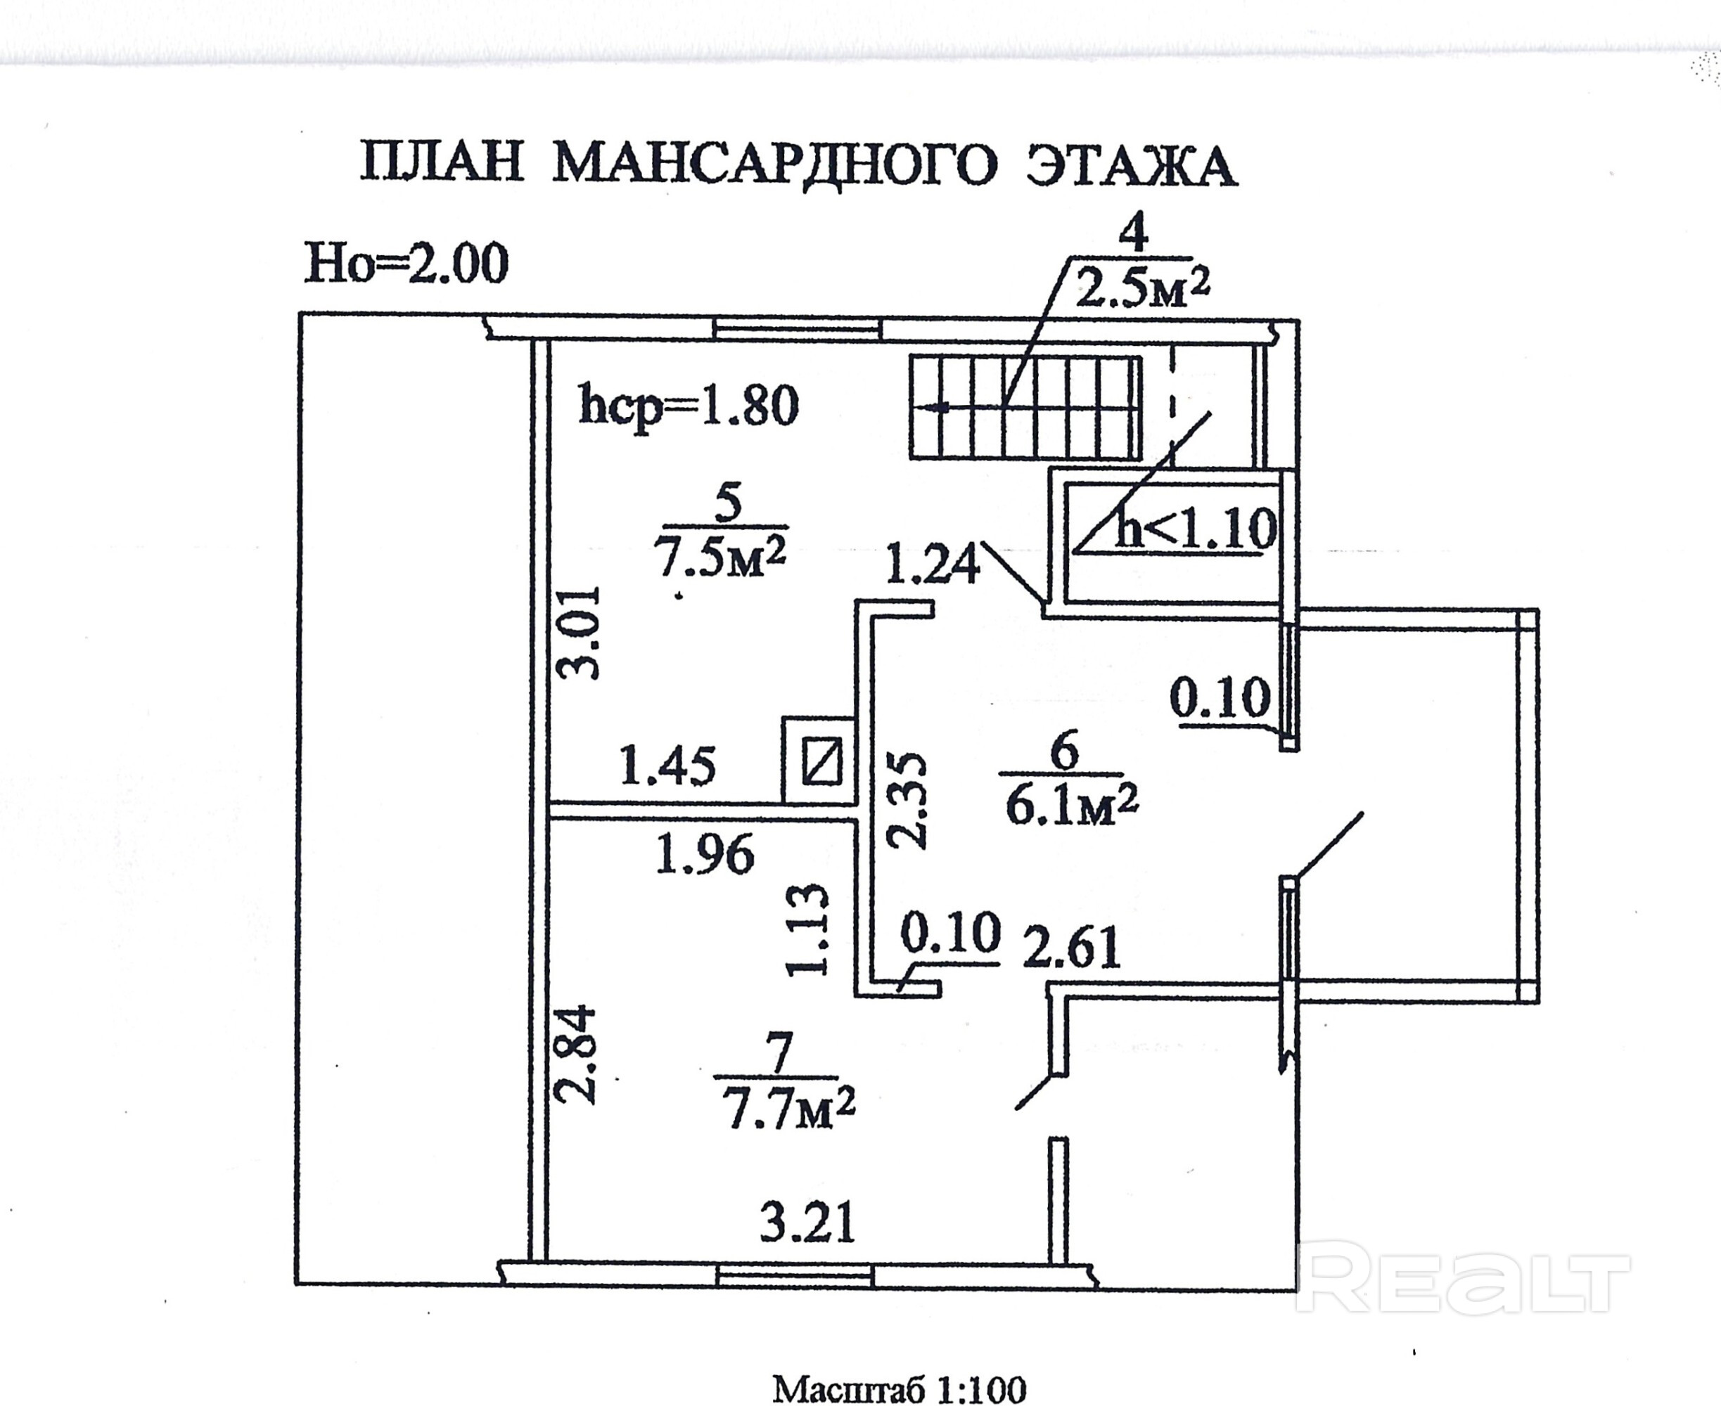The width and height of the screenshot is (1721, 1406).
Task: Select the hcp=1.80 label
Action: pos(689,406)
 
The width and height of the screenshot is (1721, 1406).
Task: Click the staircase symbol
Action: pos(1025,407)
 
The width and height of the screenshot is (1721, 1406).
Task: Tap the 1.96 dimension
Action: pos(703,854)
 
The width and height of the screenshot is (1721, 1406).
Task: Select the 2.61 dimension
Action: pos(1071,948)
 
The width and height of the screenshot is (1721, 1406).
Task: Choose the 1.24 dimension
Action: pos(932,565)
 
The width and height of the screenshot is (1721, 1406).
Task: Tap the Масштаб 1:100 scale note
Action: pos(899,1388)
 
